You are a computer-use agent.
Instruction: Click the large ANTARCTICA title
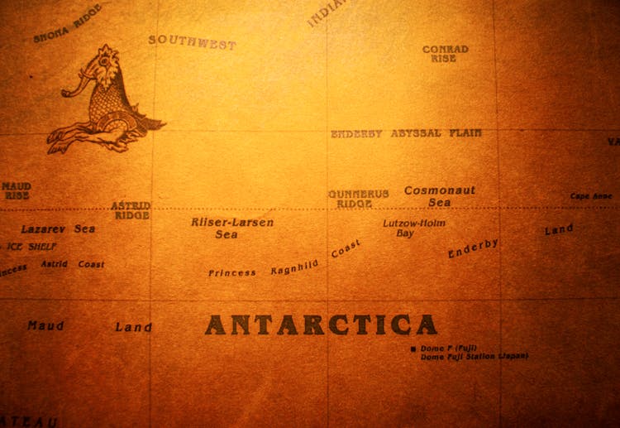(x=321, y=324)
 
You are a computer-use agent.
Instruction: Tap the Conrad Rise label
(x=445, y=54)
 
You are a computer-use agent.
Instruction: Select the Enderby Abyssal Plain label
(x=406, y=133)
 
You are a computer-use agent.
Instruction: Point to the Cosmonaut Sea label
(x=440, y=196)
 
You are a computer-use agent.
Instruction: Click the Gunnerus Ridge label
(x=358, y=199)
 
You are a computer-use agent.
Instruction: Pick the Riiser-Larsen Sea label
(x=231, y=228)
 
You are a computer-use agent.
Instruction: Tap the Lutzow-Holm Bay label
(x=413, y=228)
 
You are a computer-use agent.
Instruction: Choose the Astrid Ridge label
(x=131, y=209)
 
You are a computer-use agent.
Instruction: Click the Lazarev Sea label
(x=58, y=228)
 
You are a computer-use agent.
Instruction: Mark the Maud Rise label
(x=16, y=191)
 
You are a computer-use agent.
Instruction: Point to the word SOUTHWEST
(x=192, y=42)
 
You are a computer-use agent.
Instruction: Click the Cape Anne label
(x=591, y=196)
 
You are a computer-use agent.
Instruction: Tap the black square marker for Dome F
(x=413, y=349)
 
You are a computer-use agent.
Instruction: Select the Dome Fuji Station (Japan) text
(x=474, y=357)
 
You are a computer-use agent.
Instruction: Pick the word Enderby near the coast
(x=473, y=248)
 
